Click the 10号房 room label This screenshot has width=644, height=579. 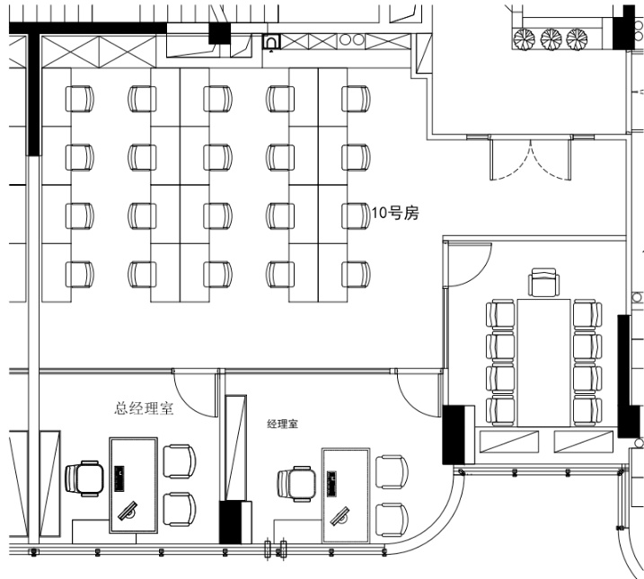pyautogui.click(x=395, y=214)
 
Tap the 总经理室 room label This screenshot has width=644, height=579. pyautogui.click(x=144, y=408)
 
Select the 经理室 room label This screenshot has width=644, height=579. pyautogui.click(x=283, y=424)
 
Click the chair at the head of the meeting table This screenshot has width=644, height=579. pyautogui.click(x=543, y=283)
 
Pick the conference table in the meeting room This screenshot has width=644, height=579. pyautogui.click(x=543, y=363)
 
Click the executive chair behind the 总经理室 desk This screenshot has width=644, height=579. pyautogui.click(x=84, y=478)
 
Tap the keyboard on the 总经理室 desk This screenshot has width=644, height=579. pyautogui.click(x=119, y=478)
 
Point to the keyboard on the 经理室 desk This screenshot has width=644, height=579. pyautogui.click(x=331, y=484)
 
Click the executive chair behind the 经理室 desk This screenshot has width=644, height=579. pyautogui.click(x=296, y=484)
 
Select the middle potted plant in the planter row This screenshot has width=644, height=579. pyautogui.click(x=551, y=39)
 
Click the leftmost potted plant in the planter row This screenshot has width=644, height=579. pyautogui.click(x=524, y=39)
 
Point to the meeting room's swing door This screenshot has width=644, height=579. pyautogui.click(x=468, y=265)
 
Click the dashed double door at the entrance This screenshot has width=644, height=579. pyautogui.click(x=530, y=159)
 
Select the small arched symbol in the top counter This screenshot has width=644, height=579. pyautogui.click(x=271, y=42)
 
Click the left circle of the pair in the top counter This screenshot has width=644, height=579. pyautogui.click(x=346, y=39)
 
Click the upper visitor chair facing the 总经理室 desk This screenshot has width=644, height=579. pyautogui.click(x=180, y=461)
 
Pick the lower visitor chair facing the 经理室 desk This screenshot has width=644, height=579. pyautogui.click(x=392, y=520)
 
